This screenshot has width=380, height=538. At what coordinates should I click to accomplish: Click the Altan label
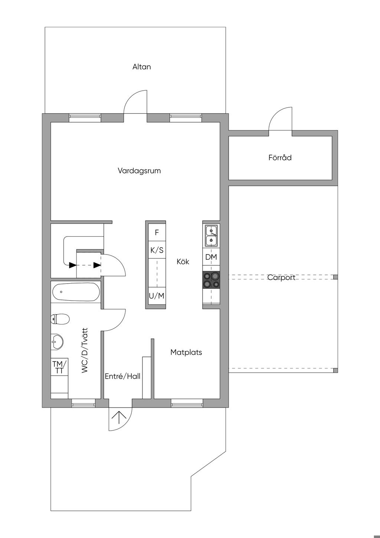(141, 67)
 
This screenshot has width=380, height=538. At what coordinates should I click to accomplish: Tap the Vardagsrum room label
(139, 171)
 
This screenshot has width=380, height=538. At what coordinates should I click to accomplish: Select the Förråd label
(280, 158)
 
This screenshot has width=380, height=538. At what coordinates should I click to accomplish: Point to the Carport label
(281, 278)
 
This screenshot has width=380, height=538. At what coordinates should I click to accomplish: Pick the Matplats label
(186, 352)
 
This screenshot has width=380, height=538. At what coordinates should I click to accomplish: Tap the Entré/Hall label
(122, 376)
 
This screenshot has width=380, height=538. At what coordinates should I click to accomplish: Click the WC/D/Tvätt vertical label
(85, 350)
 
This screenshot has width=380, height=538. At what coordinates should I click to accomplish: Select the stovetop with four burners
(211, 280)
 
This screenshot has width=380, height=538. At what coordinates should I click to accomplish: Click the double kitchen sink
(211, 236)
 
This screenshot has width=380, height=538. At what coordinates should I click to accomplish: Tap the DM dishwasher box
(211, 257)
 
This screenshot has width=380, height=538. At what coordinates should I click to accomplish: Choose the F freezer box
(157, 232)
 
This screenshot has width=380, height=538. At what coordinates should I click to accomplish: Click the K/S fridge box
(157, 250)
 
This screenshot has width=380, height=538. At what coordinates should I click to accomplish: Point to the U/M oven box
(157, 296)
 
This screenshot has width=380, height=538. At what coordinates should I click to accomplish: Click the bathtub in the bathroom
(76, 292)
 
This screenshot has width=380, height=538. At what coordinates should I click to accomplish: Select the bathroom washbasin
(57, 341)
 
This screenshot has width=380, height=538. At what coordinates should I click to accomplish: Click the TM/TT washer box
(59, 367)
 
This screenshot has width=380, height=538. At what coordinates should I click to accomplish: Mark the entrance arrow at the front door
(119, 418)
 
